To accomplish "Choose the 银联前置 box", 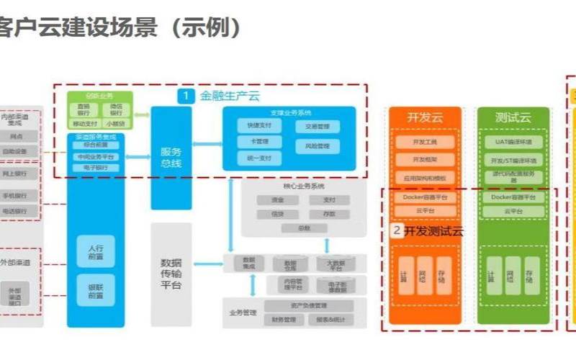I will click(96, 291).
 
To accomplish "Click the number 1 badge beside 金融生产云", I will click(186, 95).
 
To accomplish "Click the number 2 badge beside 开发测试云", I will click(397, 231).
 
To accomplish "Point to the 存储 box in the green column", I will click(531, 276).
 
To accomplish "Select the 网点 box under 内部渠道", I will click(16, 135).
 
